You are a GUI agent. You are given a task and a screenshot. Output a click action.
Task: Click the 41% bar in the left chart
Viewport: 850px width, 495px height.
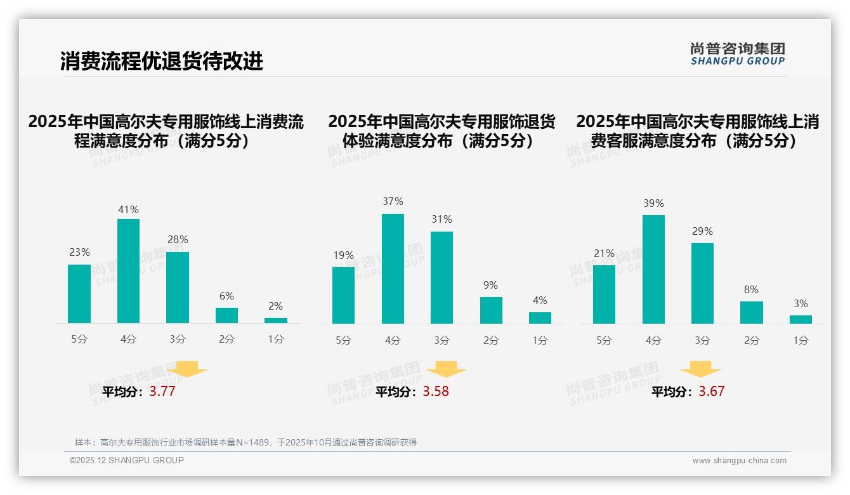[x=128, y=271]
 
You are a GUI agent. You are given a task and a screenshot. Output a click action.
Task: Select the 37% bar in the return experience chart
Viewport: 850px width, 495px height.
[x=393, y=268]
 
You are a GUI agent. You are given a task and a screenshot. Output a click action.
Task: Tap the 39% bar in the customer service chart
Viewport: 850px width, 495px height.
[x=653, y=269]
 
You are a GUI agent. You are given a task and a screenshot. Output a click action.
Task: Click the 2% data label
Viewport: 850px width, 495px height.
[x=275, y=306]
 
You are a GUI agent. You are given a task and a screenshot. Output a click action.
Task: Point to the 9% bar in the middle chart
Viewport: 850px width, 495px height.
[x=491, y=310]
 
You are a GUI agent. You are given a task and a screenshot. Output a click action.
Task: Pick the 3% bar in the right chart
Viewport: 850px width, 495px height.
[x=801, y=319]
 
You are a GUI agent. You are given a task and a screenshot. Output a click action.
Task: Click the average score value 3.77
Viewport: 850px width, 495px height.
[x=162, y=392]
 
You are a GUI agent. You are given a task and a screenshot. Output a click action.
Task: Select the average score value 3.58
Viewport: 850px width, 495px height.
[x=436, y=392]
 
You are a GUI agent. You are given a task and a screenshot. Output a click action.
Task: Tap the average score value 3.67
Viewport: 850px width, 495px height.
[x=711, y=392]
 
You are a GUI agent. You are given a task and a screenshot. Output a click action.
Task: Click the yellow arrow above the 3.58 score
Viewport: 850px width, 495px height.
[x=446, y=369]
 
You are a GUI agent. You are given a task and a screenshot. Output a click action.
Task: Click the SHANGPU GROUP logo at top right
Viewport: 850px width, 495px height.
[x=737, y=54]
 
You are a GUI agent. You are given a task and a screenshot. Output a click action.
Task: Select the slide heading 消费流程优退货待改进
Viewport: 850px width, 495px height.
[x=161, y=62]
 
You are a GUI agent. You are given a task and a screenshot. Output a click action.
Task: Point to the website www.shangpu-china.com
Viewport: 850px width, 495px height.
[x=739, y=461]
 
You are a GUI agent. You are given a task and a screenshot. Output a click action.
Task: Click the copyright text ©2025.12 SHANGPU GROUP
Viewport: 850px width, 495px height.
[x=127, y=460]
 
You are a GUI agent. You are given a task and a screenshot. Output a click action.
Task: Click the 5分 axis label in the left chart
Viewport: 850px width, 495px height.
[x=79, y=340]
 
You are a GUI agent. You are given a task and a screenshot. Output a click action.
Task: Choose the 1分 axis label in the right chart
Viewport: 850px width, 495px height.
[x=801, y=341]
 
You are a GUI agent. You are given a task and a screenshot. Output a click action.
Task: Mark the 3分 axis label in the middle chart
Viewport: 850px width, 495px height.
[x=442, y=341]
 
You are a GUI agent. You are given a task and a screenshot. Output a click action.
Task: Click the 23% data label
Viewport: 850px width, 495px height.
[x=79, y=253]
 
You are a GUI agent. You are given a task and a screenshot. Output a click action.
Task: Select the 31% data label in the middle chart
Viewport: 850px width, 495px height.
[x=442, y=220]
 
